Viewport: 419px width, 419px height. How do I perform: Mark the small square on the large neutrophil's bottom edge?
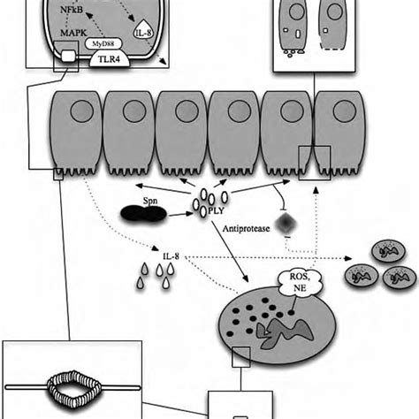(x=239, y=358)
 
